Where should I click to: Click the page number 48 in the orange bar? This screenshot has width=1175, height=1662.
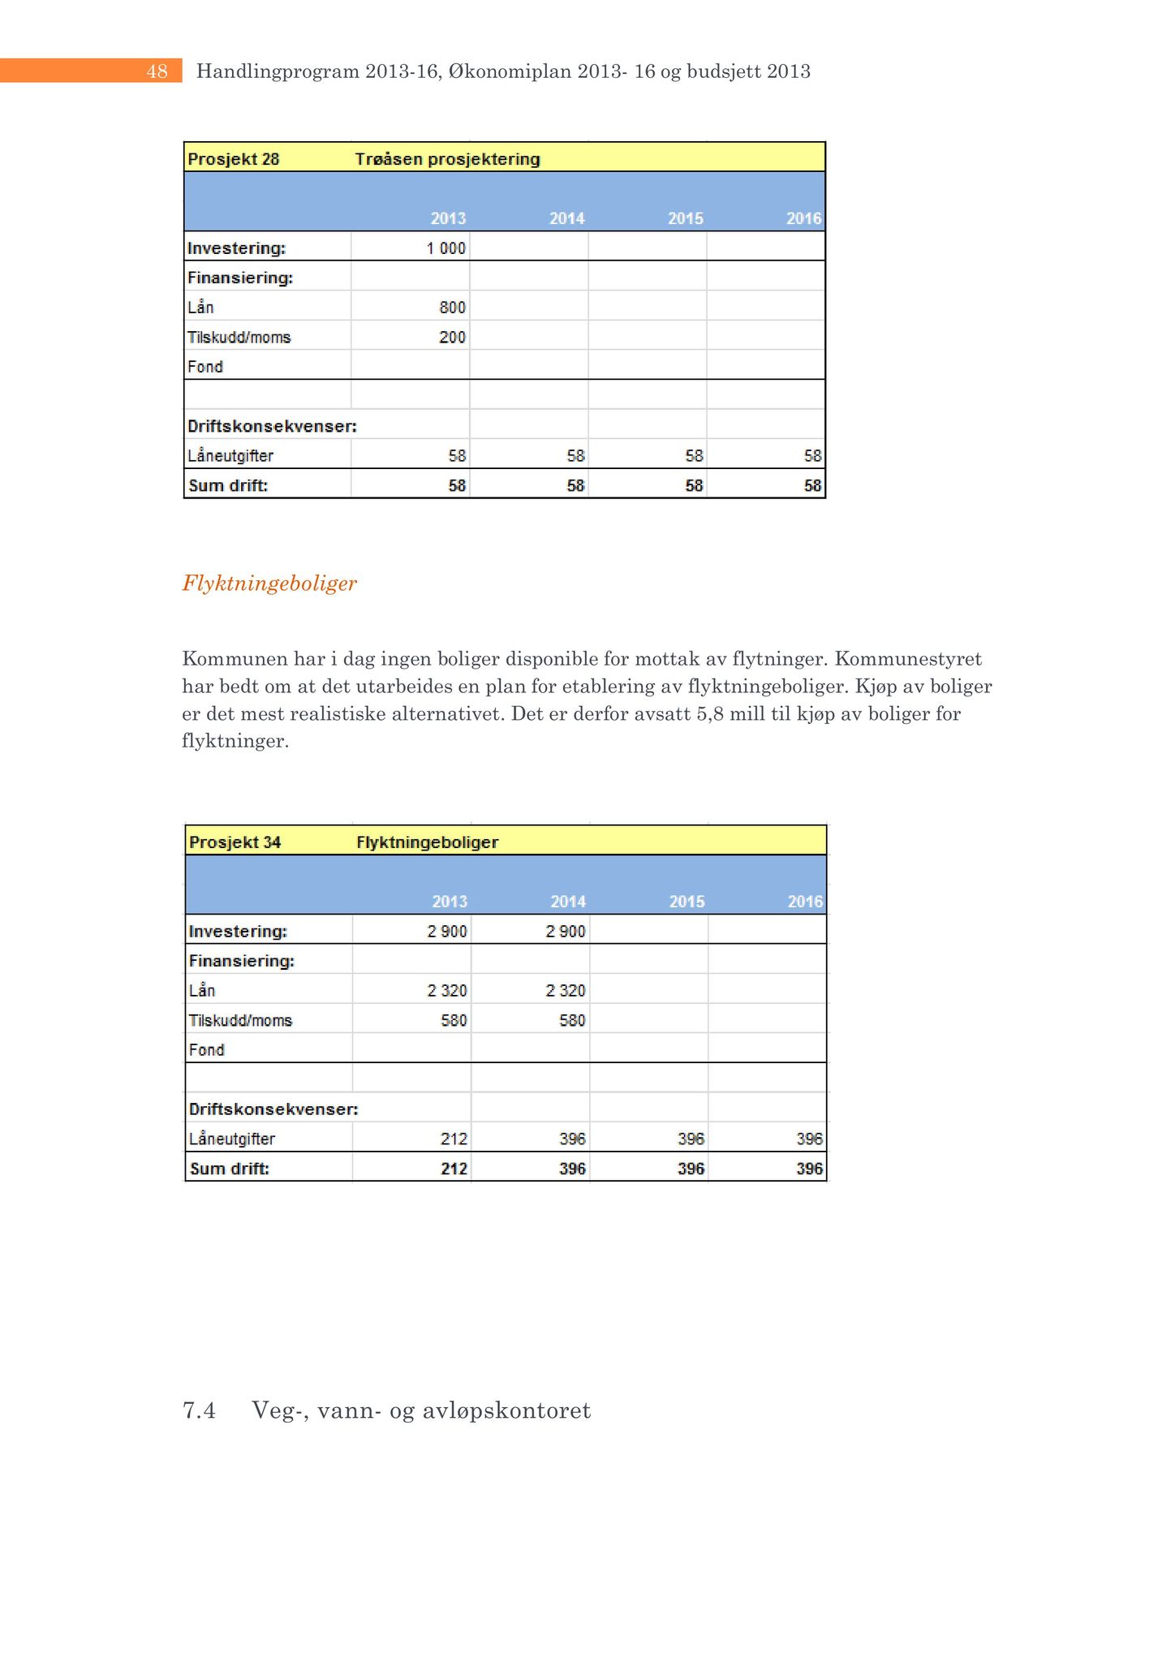[157, 71]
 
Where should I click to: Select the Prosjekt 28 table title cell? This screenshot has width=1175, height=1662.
[234, 159]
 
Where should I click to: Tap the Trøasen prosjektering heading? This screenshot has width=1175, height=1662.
[447, 159]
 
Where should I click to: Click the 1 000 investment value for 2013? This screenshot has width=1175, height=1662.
[446, 248]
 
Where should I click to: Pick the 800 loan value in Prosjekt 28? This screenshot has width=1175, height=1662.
[453, 308]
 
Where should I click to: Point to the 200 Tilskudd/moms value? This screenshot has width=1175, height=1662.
[453, 338]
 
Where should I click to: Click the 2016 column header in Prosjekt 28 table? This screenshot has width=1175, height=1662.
[803, 218]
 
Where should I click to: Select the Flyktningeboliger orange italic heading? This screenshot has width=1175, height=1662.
[269, 583]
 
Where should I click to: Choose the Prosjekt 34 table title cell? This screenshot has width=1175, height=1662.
[235, 842]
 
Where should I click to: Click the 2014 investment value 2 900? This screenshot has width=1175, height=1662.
[566, 932]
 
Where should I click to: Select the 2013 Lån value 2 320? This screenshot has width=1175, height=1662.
[447, 991]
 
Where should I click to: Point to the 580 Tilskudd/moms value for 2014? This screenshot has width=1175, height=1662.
[572, 1020]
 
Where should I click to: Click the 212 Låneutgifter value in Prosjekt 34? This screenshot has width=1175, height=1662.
[454, 1139]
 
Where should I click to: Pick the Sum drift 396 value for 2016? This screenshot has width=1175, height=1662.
[809, 1169]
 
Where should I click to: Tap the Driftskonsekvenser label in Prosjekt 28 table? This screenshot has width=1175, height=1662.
[272, 427]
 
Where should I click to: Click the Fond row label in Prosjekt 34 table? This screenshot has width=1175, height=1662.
[206, 1050]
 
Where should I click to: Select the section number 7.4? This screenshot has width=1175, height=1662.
[199, 1411]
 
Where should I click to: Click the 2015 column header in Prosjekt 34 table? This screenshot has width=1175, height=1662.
[686, 902]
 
